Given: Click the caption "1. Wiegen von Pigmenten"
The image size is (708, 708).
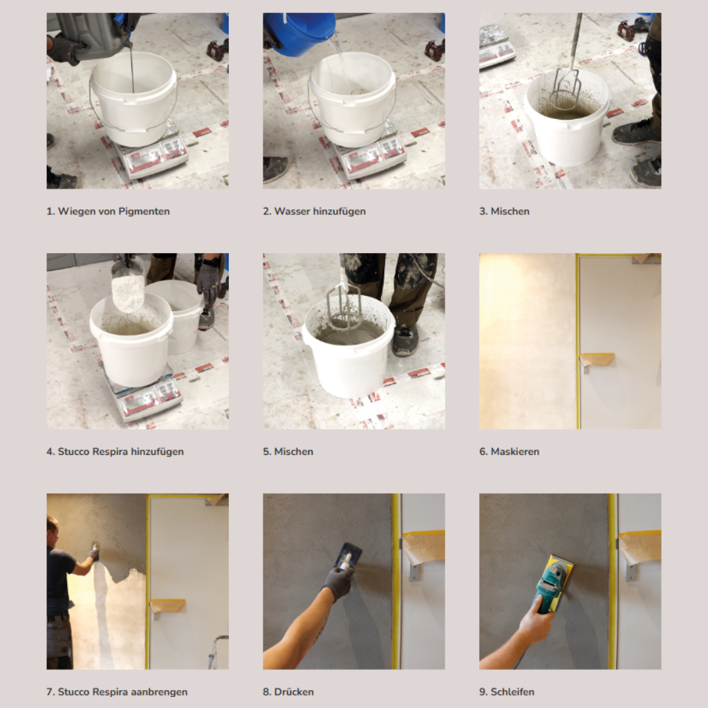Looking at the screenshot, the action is pyautogui.click(x=108, y=212).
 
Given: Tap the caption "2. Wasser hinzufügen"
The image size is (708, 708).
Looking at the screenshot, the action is pyautogui.click(x=315, y=212).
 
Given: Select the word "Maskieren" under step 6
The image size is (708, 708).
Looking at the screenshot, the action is pyautogui.click(x=514, y=451).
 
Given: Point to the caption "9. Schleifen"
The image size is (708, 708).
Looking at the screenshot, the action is pyautogui.click(x=507, y=691).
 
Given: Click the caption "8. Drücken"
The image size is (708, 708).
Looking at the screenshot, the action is pyautogui.click(x=288, y=691).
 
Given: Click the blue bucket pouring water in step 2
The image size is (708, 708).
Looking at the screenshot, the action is pyautogui.click(x=299, y=32).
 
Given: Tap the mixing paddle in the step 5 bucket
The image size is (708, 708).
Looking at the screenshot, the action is pyautogui.click(x=343, y=303).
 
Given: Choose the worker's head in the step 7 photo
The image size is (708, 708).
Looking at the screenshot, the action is pyautogui.click(x=53, y=528).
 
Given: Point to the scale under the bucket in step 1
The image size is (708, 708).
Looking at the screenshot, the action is pyautogui.click(x=151, y=153).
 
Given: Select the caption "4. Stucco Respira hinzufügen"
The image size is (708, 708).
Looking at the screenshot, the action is pyautogui.click(x=115, y=451).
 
